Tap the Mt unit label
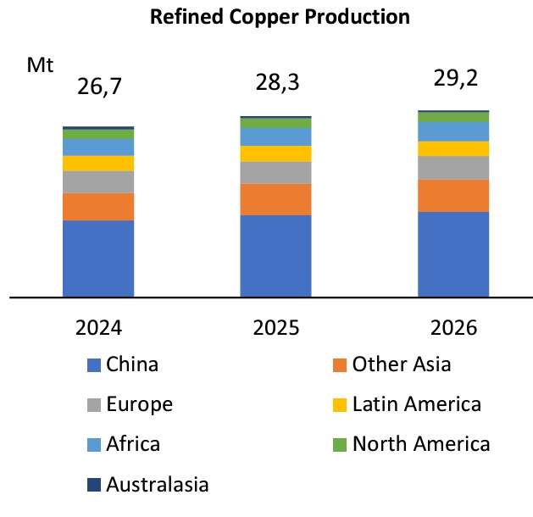pyautogui.click(x=41, y=64)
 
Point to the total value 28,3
pyautogui.click(x=276, y=82)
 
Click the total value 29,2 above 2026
pyautogui.click(x=452, y=79)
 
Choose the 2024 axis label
pyautogui.click(x=98, y=327)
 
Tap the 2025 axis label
pyautogui.click(x=276, y=327)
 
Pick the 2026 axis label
pyautogui.click(x=452, y=327)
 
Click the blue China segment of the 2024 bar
pyautogui.click(x=98, y=258)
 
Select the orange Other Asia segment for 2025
pyautogui.click(x=276, y=199)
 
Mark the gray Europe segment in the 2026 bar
pyautogui.click(x=453, y=167)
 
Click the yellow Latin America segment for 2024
pyautogui.click(x=98, y=163)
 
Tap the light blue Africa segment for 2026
pyautogui.click(x=453, y=131)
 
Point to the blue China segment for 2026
pyautogui.click(x=453, y=254)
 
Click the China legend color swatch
pyautogui.click(x=94, y=366)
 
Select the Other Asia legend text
pyautogui.click(x=402, y=364)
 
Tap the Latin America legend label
pyautogui.click(x=416, y=404)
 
